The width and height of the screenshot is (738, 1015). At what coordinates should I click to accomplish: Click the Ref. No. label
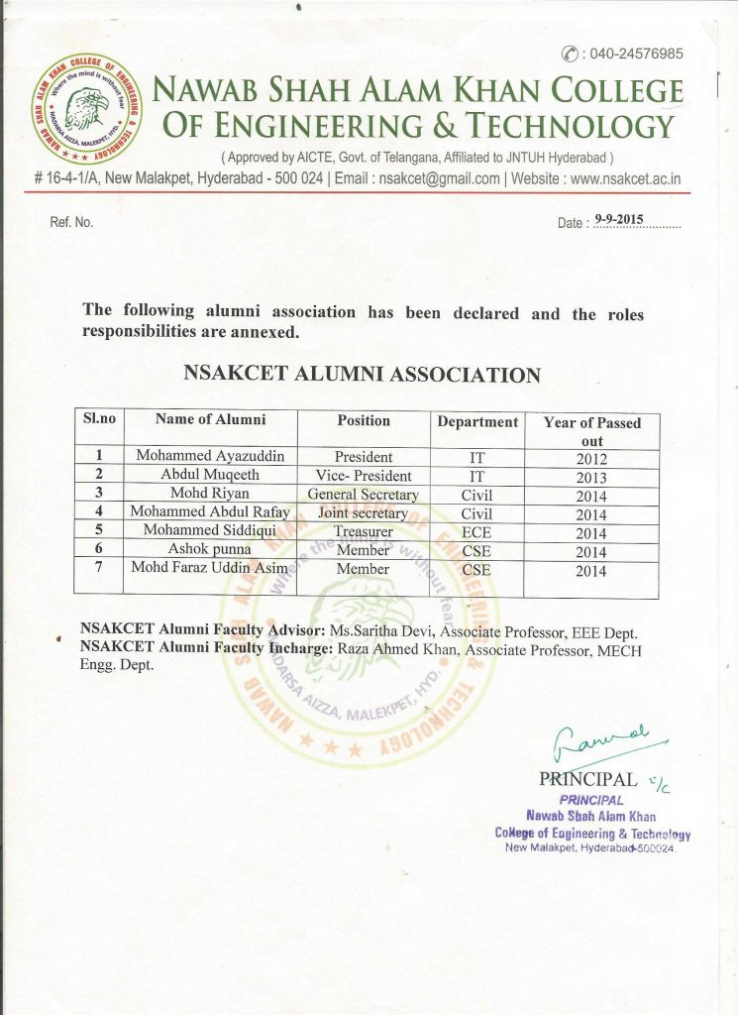point(71,222)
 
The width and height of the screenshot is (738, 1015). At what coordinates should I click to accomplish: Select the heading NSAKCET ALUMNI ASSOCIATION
point(363,375)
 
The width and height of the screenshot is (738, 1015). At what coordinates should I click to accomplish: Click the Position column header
point(364,421)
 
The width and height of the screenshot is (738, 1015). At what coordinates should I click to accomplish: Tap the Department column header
point(477,422)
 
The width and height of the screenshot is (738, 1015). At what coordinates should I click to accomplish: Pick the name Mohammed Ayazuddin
point(211,457)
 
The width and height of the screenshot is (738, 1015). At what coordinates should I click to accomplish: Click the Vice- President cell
point(364,476)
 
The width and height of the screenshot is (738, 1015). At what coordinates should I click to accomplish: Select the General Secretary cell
point(364,495)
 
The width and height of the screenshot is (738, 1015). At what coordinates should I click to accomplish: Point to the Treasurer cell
point(364,532)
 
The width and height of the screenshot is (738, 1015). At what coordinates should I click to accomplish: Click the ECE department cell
point(477,533)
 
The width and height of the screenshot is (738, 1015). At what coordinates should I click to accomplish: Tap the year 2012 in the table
point(591,459)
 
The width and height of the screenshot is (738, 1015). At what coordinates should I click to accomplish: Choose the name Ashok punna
point(209,550)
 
